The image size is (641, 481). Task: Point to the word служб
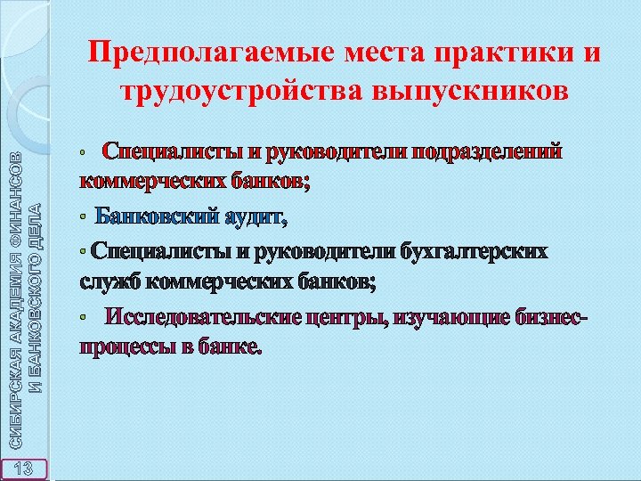109,283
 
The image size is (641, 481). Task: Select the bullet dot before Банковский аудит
84,218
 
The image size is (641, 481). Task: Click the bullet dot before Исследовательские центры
84,318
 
